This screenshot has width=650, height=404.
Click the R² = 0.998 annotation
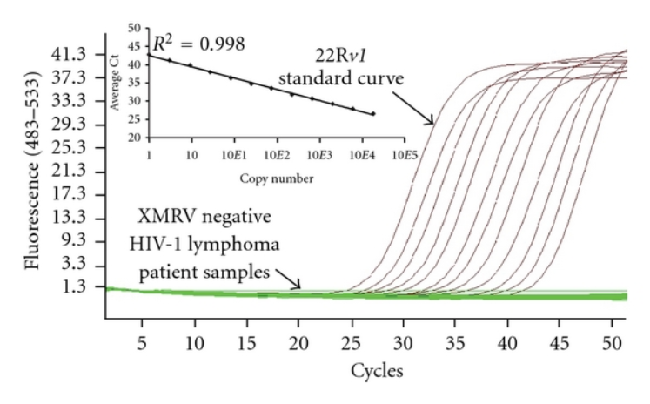198,44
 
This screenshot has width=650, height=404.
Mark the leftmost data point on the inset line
149,55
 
